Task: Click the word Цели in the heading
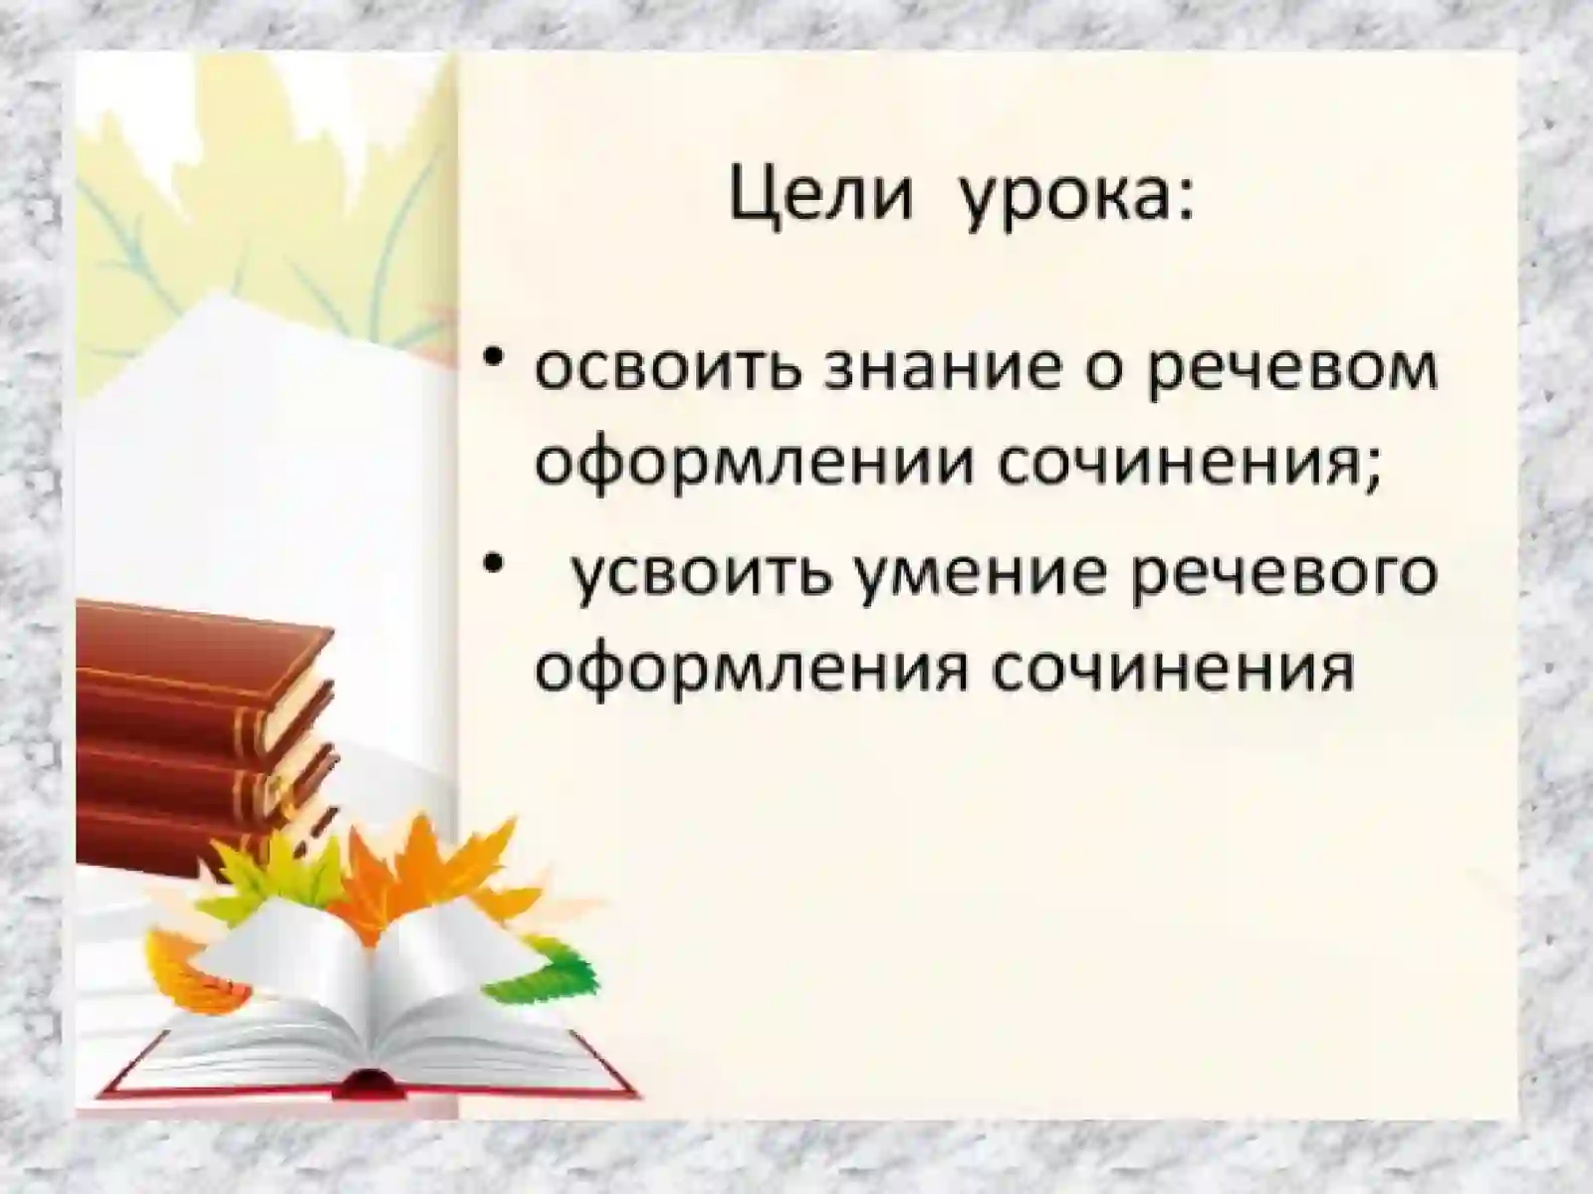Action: [820, 196]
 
